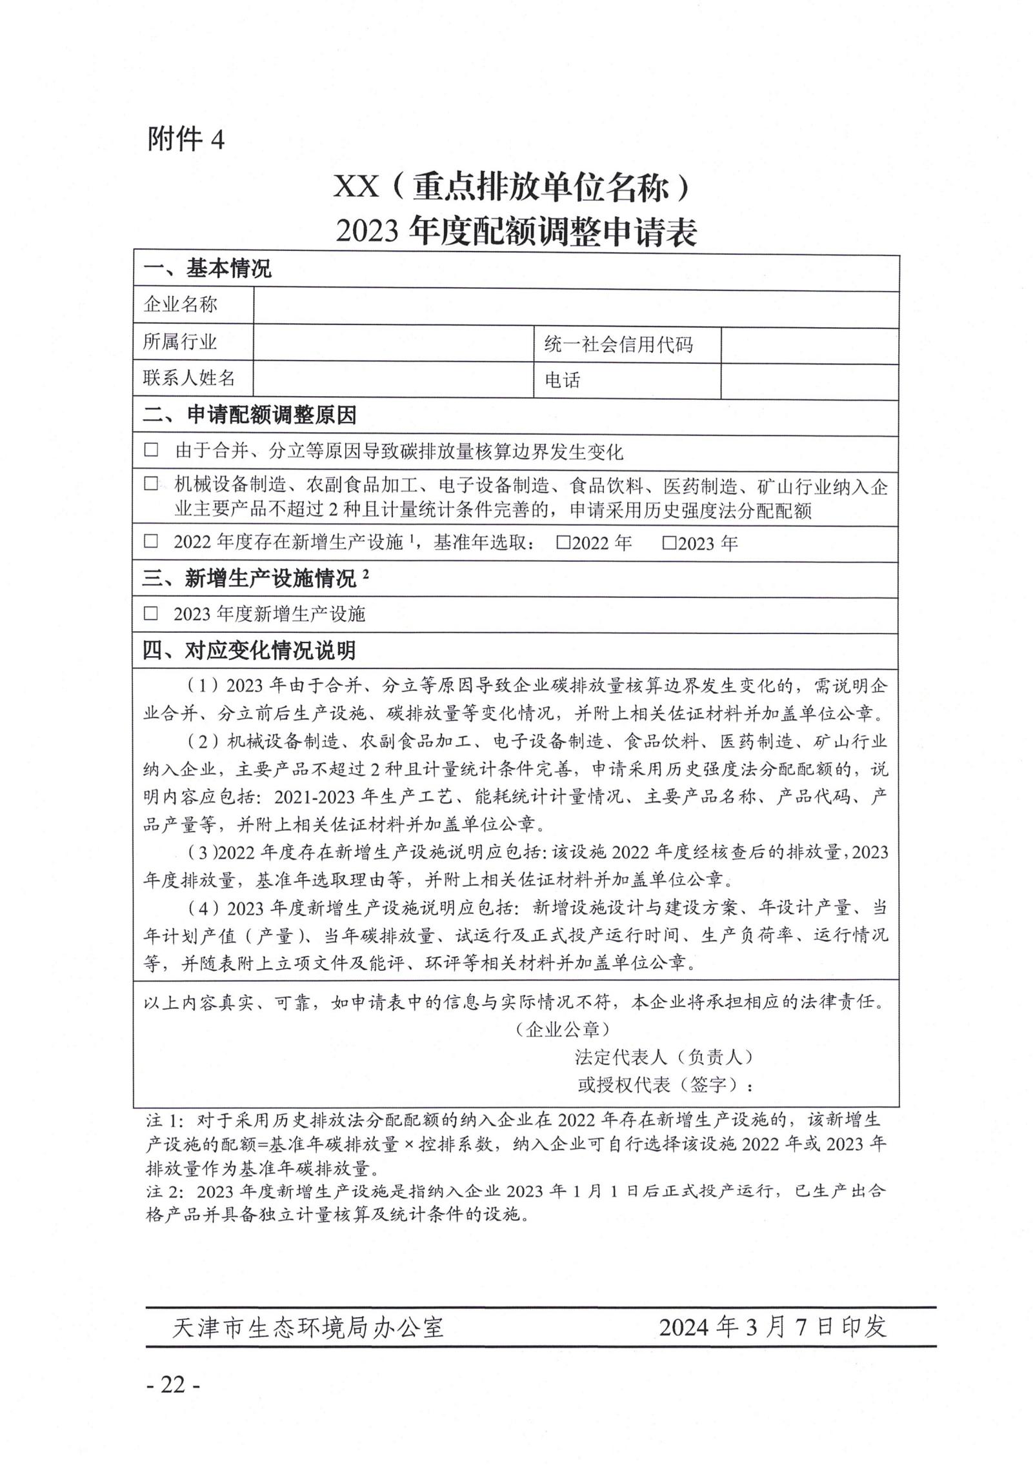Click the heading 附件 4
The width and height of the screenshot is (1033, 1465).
[x=186, y=138]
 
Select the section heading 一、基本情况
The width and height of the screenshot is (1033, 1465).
[x=206, y=268]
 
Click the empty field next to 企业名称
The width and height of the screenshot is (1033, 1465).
[x=576, y=305]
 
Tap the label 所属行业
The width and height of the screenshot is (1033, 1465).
[x=180, y=342]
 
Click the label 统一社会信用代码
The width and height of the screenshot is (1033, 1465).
[x=617, y=345]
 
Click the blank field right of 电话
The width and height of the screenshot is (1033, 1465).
[x=808, y=381]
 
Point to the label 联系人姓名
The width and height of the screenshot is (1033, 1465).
[x=188, y=378]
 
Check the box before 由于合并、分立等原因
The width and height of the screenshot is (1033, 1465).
[x=151, y=450]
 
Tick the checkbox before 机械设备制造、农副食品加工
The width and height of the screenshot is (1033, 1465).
[x=151, y=483]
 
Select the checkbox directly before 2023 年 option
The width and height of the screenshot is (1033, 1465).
[x=669, y=543]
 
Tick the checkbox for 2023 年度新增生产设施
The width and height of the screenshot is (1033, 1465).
[x=151, y=613]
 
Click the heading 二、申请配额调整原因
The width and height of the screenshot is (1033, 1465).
[x=248, y=415]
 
